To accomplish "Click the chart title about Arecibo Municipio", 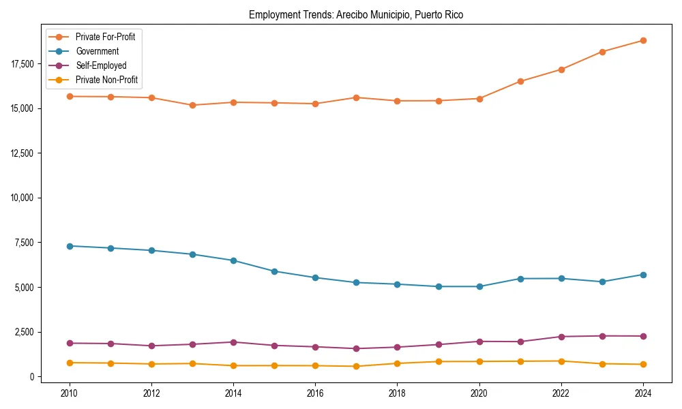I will click(x=356, y=15).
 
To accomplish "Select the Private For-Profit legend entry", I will click(x=105, y=37).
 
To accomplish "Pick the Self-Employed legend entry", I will click(x=101, y=65).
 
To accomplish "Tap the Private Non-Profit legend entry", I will click(x=106, y=80).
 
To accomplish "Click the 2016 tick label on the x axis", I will click(x=315, y=393).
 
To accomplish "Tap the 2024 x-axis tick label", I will click(x=642, y=393).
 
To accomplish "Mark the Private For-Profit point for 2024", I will click(x=642, y=40).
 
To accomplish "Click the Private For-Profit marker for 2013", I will click(x=192, y=105).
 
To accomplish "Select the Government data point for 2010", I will click(x=70, y=246).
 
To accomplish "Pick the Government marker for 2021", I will click(x=520, y=279).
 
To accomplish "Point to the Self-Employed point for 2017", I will click(x=356, y=348).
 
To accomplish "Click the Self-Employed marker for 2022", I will click(x=561, y=337).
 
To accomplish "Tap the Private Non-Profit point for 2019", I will click(x=438, y=361).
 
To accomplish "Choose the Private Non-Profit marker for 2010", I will click(x=70, y=363).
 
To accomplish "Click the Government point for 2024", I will click(x=642, y=275).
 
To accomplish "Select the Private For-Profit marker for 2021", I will click(x=520, y=81).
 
